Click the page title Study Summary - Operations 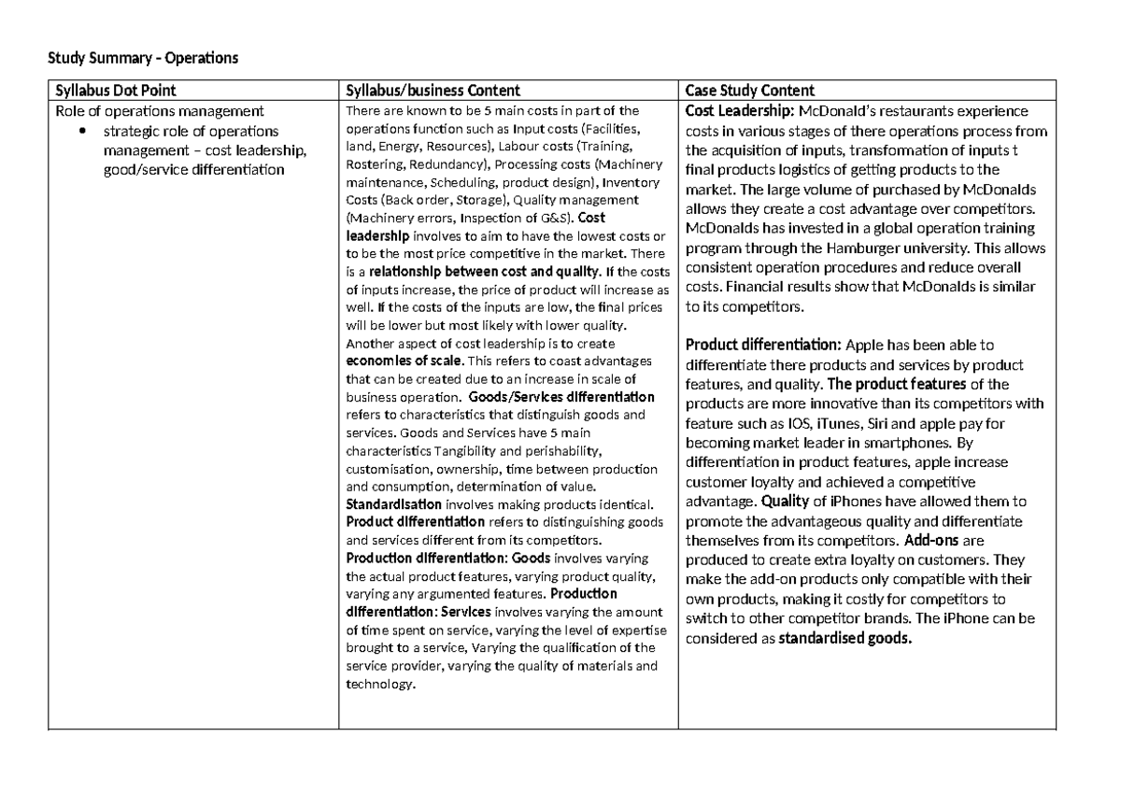tap(143, 59)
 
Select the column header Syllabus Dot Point tap(113, 91)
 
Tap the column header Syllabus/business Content tap(433, 91)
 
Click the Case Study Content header tap(750, 91)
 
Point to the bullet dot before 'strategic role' tap(84, 131)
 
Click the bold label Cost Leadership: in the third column tap(740, 111)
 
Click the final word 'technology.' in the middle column tap(379, 684)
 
